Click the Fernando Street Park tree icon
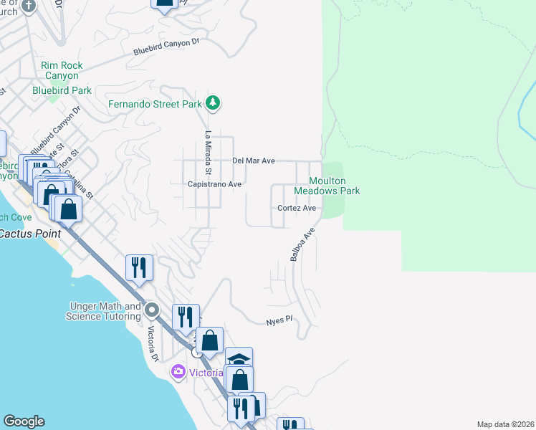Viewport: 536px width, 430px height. [x=212, y=104]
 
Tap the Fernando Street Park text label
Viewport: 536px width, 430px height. [x=154, y=104]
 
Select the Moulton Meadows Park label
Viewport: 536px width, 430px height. [x=327, y=186]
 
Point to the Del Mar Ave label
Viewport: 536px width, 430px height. [x=254, y=161]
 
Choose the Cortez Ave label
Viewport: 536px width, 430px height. [x=297, y=208]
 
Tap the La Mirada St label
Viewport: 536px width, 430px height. [x=209, y=153]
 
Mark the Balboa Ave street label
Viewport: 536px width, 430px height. [x=303, y=244]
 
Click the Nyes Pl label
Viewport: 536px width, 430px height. [x=279, y=320]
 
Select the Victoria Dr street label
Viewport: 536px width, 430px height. [x=152, y=344]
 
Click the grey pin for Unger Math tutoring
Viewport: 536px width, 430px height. [x=152, y=311]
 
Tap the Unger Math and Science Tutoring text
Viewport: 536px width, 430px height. [x=103, y=311]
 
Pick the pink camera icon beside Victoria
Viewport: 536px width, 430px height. [x=177, y=372]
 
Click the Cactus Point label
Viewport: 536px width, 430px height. [x=30, y=234]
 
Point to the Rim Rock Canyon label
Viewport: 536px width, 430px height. [x=62, y=70]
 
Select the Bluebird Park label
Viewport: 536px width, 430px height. [x=62, y=90]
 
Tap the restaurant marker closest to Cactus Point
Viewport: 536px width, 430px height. [x=139, y=267]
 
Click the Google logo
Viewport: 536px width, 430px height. [x=24, y=421]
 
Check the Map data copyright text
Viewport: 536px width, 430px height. [x=505, y=424]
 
